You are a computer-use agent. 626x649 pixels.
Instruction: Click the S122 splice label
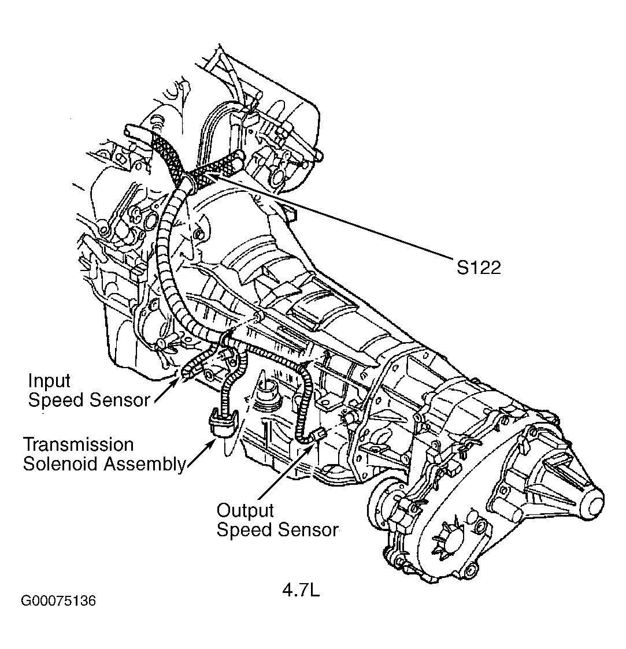[x=477, y=268]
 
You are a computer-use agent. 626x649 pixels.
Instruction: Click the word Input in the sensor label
[x=49, y=381]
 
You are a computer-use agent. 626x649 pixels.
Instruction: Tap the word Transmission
[x=78, y=444]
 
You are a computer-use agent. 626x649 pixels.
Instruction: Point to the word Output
[x=245, y=510]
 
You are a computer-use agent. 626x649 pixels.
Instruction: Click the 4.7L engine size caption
[x=301, y=591]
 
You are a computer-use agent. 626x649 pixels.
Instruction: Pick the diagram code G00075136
[x=58, y=601]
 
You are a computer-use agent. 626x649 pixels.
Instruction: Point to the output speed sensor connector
[x=318, y=435]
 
